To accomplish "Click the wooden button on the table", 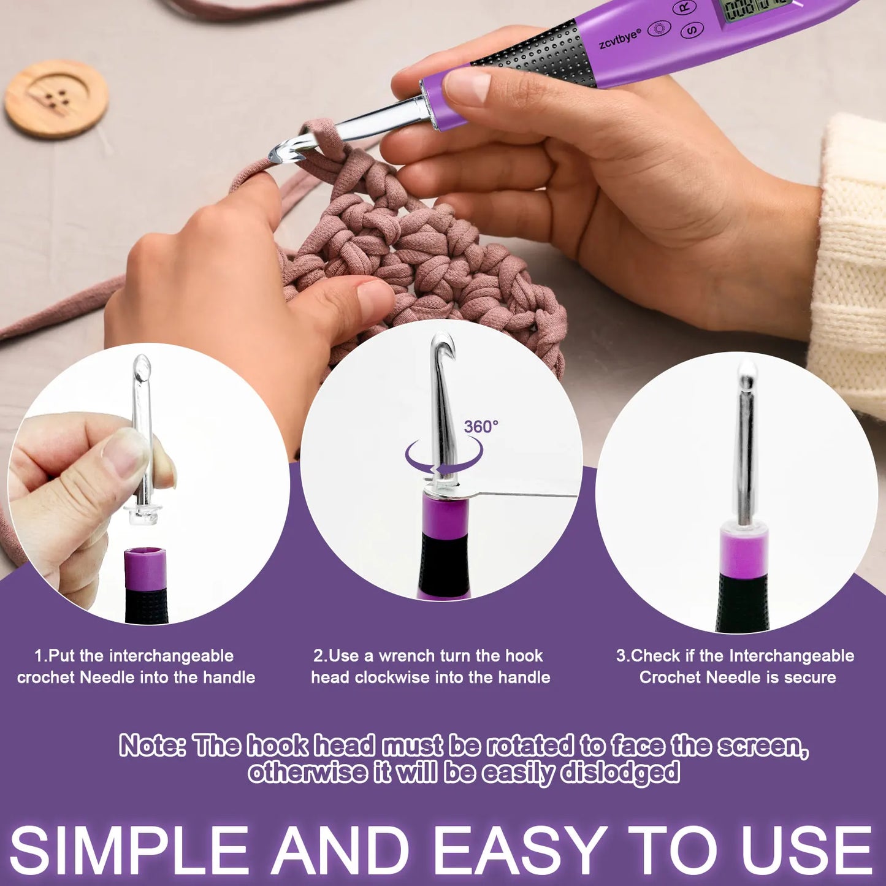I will point(56,98).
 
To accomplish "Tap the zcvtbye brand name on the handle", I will point(620,39).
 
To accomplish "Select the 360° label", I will point(481,427).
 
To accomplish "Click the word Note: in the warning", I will point(153,746).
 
